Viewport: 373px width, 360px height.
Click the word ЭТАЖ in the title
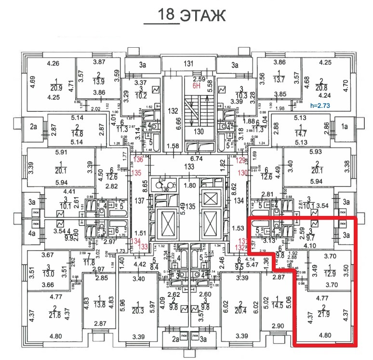[x=202, y=15]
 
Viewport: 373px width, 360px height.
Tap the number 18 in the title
[x=166, y=14]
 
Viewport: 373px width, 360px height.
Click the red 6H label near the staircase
[x=196, y=86]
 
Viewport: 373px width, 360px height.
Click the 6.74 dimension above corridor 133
[x=188, y=158]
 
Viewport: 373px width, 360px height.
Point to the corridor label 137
[x=140, y=200]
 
